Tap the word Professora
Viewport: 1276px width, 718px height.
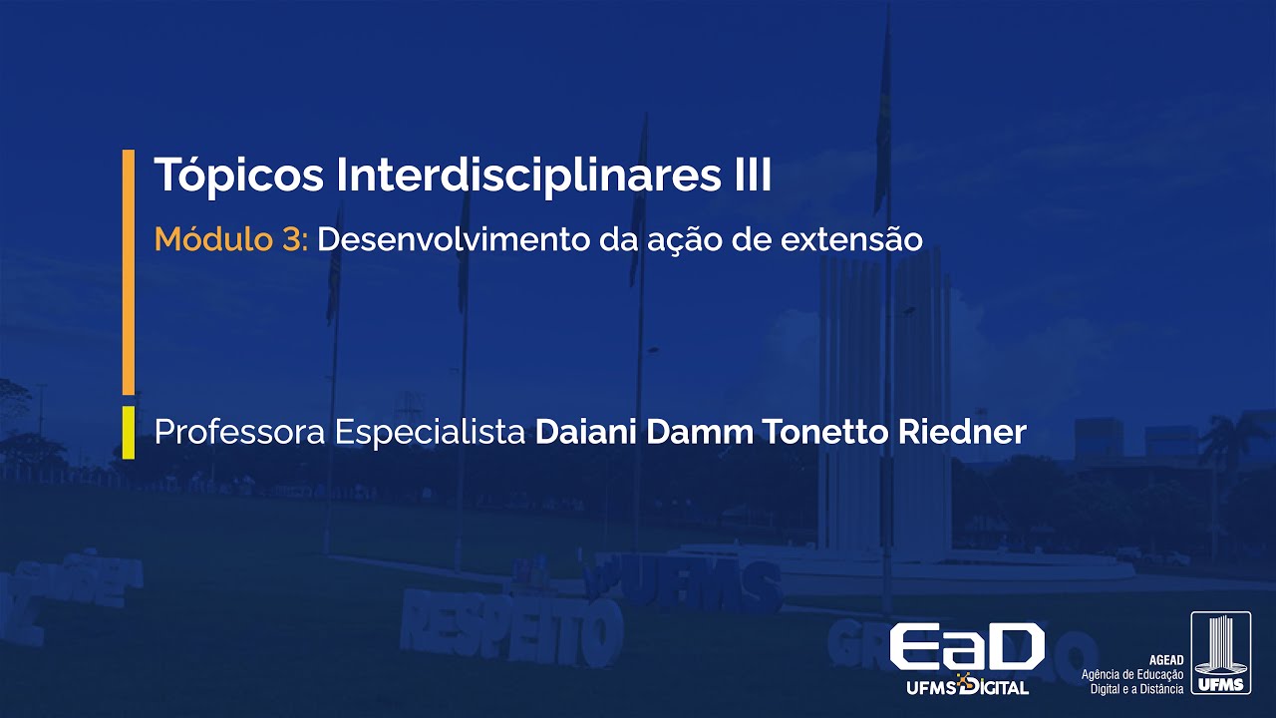239,433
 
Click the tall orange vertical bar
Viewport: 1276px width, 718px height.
129,271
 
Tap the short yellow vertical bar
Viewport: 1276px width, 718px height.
129,432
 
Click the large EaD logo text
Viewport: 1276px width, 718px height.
966,647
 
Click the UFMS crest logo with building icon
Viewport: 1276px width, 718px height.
1220,652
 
